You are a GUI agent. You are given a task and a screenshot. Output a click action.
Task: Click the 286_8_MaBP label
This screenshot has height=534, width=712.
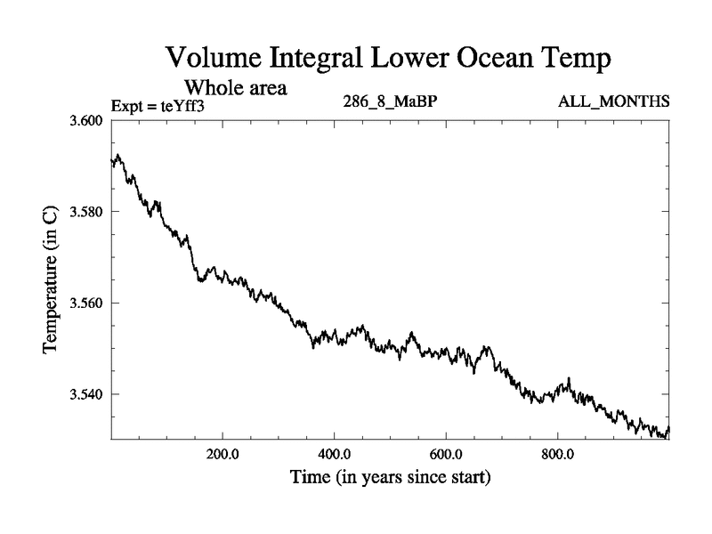pyautogui.click(x=390, y=103)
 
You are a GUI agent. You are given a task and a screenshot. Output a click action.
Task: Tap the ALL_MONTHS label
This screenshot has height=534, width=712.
pyautogui.click(x=613, y=103)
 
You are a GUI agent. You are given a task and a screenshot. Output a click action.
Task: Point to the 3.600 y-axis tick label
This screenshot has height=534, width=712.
pyautogui.click(x=86, y=121)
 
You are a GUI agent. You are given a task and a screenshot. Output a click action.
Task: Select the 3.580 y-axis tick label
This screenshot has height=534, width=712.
pyautogui.click(x=86, y=212)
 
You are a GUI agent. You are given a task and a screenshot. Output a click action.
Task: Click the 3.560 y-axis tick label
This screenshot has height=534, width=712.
pyautogui.click(x=86, y=303)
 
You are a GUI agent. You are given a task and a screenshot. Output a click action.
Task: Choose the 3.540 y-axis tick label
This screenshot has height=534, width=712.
pyautogui.click(x=86, y=394)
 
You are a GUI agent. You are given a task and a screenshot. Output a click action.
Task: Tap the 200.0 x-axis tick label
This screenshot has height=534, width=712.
pyautogui.click(x=222, y=454)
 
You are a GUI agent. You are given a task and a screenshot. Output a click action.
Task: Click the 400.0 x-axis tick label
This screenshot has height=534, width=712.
pyautogui.click(x=335, y=454)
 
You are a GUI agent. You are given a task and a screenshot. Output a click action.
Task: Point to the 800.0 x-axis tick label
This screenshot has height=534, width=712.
pyautogui.click(x=558, y=454)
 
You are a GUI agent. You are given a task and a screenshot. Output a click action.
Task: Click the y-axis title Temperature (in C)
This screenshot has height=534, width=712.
pyautogui.click(x=52, y=279)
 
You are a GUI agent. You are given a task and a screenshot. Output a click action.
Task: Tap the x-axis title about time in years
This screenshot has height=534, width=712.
pyautogui.click(x=391, y=478)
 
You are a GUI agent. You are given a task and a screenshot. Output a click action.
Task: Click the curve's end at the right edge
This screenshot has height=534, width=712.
pyautogui.click(x=668, y=429)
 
